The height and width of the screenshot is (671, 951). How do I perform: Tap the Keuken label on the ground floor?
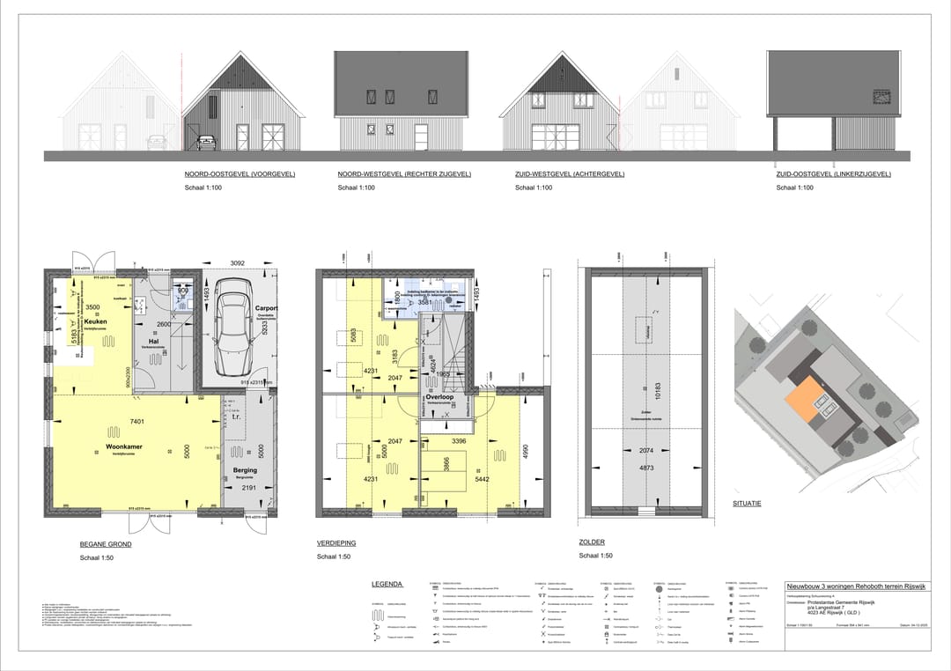tap(95, 322)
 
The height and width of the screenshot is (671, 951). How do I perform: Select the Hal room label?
tap(152, 341)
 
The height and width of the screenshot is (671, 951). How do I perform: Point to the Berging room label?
tap(245, 471)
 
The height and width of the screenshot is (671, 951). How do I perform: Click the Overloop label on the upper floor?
tap(439, 397)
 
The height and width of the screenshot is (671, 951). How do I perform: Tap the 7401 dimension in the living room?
tap(136, 423)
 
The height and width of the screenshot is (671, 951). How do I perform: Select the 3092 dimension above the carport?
tap(237, 262)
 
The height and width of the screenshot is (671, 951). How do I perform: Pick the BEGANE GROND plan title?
tap(106, 545)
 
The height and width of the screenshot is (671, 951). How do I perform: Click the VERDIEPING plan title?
tap(337, 544)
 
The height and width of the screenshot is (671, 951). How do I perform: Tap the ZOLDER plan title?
tap(592, 542)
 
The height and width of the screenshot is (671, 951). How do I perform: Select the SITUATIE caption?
tap(747, 504)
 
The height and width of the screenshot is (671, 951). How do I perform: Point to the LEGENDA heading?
tap(387, 584)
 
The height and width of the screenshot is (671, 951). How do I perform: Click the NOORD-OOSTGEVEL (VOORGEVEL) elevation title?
tap(239, 174)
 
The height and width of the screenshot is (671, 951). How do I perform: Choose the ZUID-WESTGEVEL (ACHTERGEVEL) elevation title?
tap(569, 174)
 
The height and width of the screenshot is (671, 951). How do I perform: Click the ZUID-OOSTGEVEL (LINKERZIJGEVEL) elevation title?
tap(831, 174)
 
